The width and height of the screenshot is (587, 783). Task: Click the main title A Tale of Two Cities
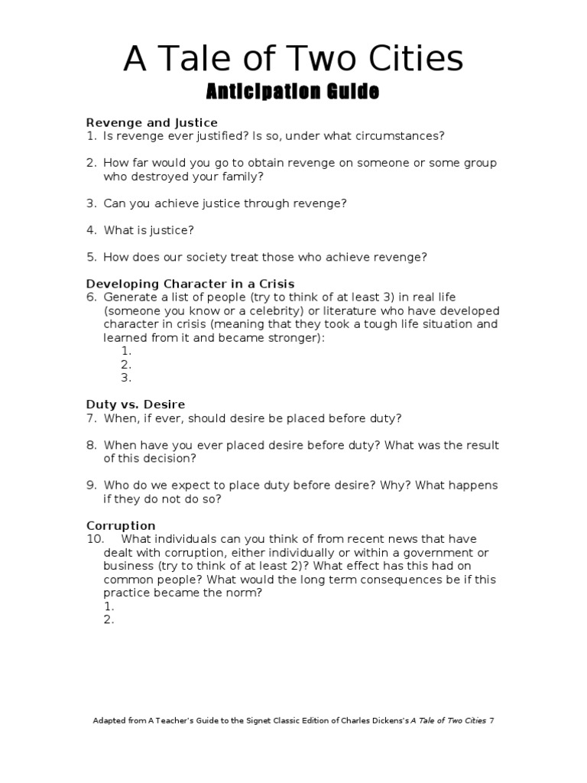click(x=293, y=59)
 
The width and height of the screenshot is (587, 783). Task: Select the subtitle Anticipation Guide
click(x=293, y=93)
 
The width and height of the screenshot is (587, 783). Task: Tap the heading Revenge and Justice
click(x=152, y=122)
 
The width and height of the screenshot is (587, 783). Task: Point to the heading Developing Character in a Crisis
click(x=190, y=284)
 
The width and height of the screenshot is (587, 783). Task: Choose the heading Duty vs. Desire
click(x=136, y=404)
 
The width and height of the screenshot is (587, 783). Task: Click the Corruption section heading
click(x=121, y=526)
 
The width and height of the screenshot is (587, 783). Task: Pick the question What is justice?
click(x=149, y=230)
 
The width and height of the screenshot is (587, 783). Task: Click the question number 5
click(x=91, y=257)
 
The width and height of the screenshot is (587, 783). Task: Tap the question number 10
click(x=95, y=539)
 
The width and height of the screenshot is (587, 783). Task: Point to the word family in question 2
click(x=244, y=177)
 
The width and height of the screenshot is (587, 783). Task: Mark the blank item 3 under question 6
click(x=126, y=378)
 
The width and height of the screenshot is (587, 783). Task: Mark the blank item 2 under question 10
click(x=109, y=620)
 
